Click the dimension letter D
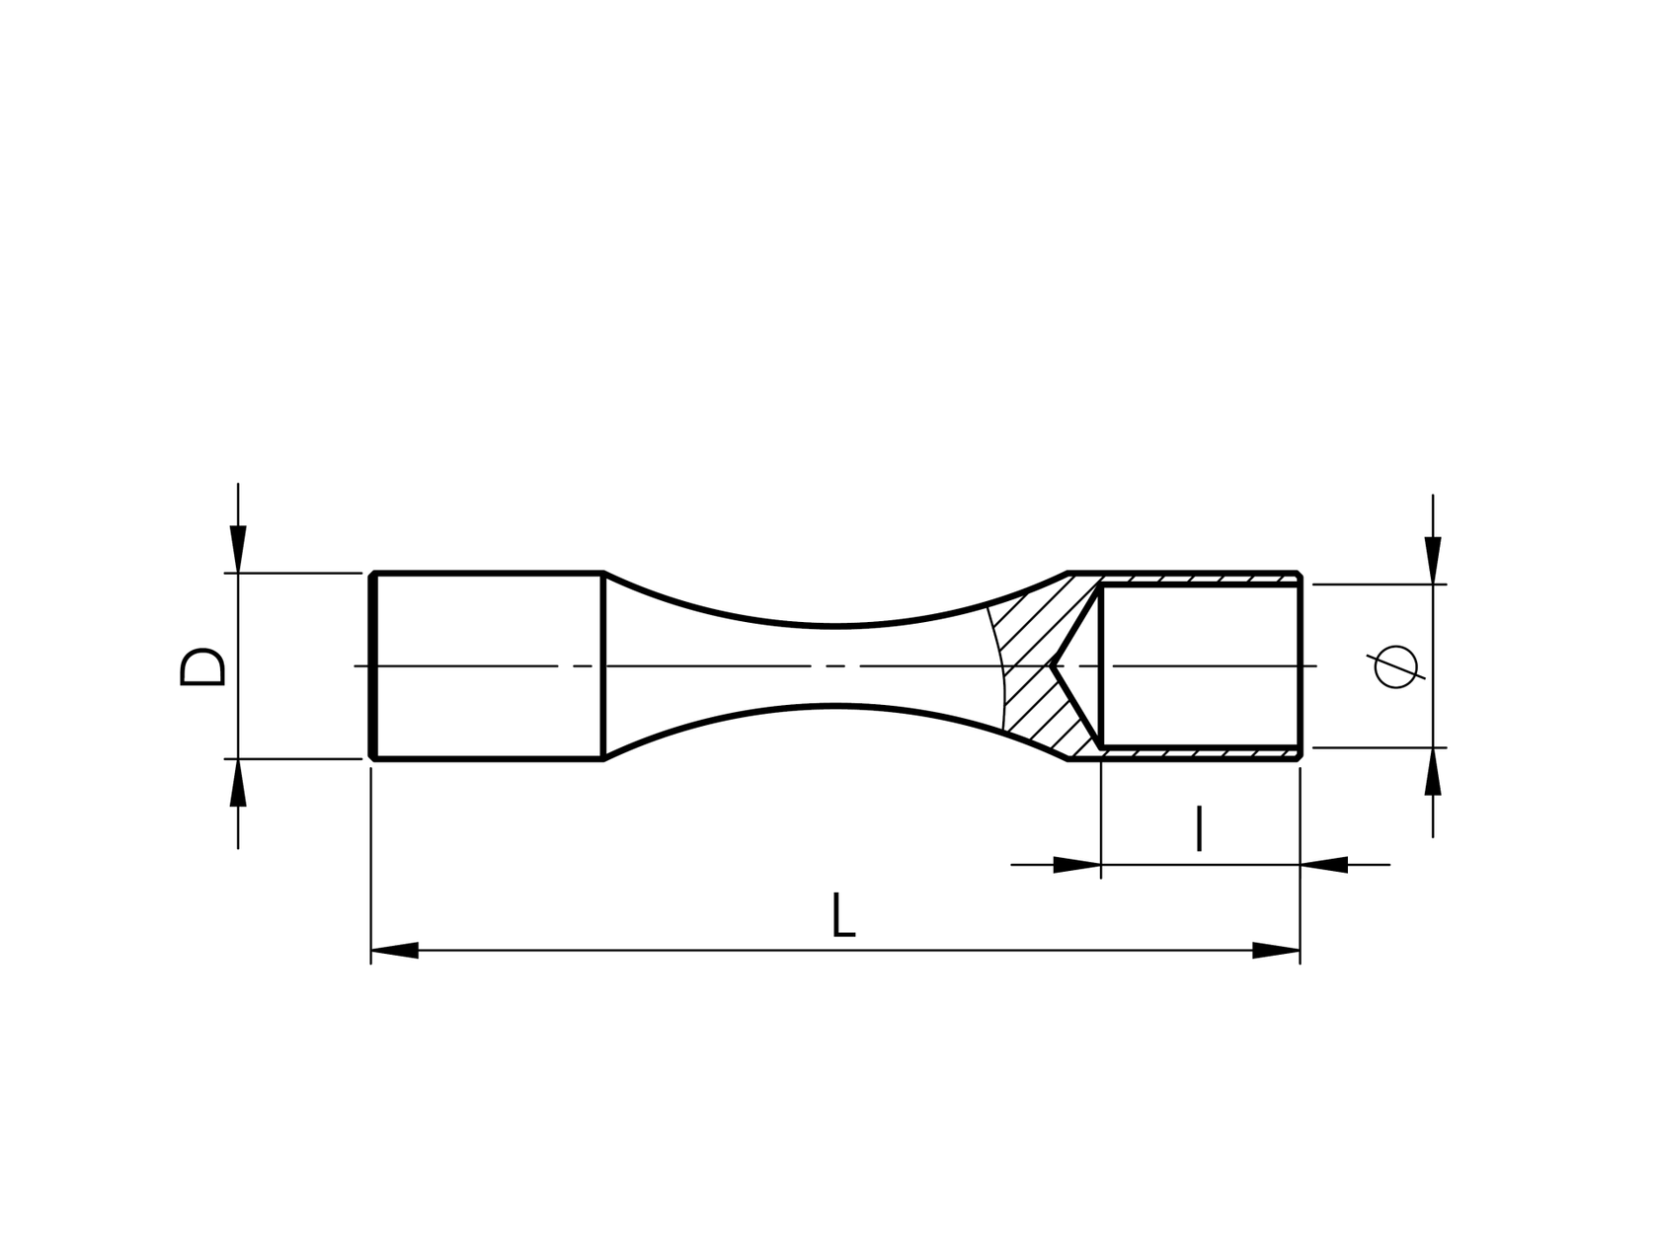(202, 666)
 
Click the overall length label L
(842, 914)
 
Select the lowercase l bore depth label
(1199, 828)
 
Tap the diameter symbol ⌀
(1395, 667)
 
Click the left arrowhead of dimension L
(394, 950)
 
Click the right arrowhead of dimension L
(1276, 950)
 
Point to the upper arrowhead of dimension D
(238, 549)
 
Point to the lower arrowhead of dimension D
(238, 783)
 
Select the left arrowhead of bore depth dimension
(1077, 865)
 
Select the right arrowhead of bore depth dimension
(1324, 865)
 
